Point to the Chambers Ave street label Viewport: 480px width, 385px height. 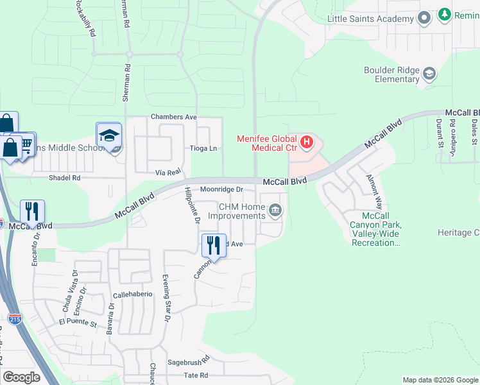coord(173,117)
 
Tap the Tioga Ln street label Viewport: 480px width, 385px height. coord(203,148)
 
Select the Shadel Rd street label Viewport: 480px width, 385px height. coord(67,178)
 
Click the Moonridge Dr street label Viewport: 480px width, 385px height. coord(221,190)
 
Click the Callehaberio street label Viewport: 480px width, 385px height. coord(133,294)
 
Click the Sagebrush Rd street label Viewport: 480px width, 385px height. coord(189,361)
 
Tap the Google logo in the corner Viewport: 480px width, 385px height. coord(21,377)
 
